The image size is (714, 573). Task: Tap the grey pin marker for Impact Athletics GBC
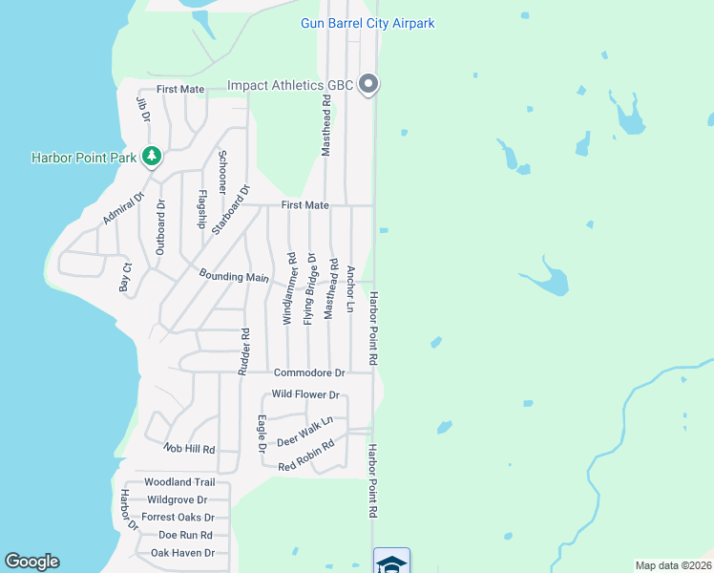[x=369, y=85]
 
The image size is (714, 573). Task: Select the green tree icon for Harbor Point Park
[x=151, y=156]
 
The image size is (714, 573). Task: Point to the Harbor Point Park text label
[x=85, y=157]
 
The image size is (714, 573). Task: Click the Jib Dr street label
[x=144, y=108]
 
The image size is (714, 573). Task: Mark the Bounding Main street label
[x=234, y=276]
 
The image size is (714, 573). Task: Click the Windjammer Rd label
[x=290, y=287]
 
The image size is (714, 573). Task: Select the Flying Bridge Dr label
[x=309, y=287]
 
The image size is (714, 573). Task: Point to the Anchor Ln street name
[x=350, y=288]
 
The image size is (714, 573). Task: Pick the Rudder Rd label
[x=245, y=350]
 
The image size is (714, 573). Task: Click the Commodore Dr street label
[x=308, y=372]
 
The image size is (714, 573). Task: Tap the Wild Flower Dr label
[x=305, y=394]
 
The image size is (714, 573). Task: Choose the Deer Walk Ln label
[x=304, y=431]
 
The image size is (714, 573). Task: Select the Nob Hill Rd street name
[x=189, y=448]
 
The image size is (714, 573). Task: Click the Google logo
[x=31, y=562]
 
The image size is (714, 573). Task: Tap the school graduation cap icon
[x=391, y=562]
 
